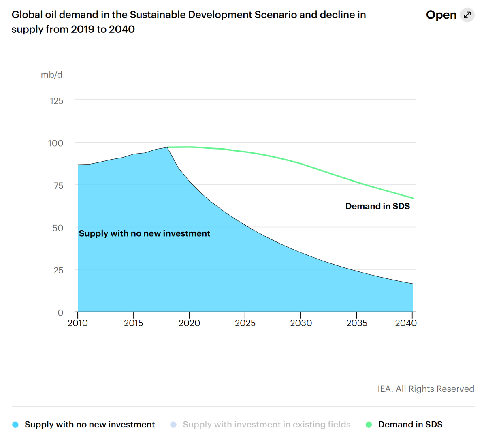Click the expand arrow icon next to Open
[467, 15]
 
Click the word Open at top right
[441, 15]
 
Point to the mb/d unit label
[51, 75]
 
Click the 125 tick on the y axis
[57, 101]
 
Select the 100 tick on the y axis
[56, 143]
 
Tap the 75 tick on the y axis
[58, 186]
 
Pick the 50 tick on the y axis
[58, 228]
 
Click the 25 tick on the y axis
[58, 270]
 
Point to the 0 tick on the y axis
[60, 312]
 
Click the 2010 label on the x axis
[78, 323]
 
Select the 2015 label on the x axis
[134, 323]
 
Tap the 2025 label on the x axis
[245, 323]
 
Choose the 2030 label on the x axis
[301, 323]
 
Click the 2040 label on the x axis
[406, 323]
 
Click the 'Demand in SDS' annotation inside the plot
[377, 206]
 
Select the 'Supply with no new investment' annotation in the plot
[145, 233]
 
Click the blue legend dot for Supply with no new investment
[15, 425]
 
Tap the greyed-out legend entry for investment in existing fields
[266, 425]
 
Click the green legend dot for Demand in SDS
[369, 425]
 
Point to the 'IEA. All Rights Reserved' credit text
[426, 389]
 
